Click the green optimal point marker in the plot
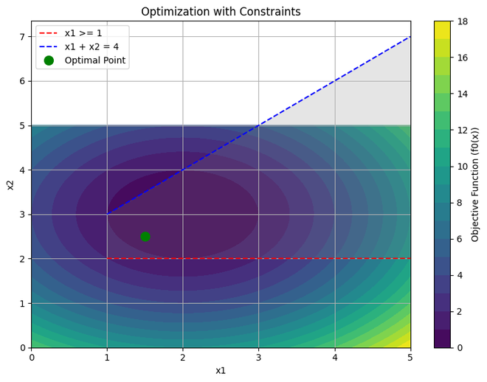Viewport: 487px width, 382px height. (145, 237)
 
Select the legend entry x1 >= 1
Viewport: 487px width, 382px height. (83, 33)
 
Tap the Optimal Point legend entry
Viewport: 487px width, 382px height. (94, 60)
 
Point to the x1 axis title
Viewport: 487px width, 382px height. (221, 370)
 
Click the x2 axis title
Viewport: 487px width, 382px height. (10, 184)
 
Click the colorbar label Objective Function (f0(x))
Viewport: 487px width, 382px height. (475, 184)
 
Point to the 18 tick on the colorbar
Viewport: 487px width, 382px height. (463, 21)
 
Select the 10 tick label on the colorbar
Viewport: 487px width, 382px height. (463, 167)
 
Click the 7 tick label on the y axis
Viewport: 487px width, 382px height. (22, 37)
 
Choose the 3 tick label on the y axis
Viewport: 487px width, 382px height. (22, 215)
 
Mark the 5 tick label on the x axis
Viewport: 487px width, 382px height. (410, 358)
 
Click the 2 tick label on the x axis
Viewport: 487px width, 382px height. (183, 358)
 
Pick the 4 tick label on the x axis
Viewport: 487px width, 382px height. (335, 358)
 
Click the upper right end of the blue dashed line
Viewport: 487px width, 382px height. (410, 37)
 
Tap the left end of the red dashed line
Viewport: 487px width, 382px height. (108, 259)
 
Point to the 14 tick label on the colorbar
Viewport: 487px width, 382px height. (463, 94)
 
